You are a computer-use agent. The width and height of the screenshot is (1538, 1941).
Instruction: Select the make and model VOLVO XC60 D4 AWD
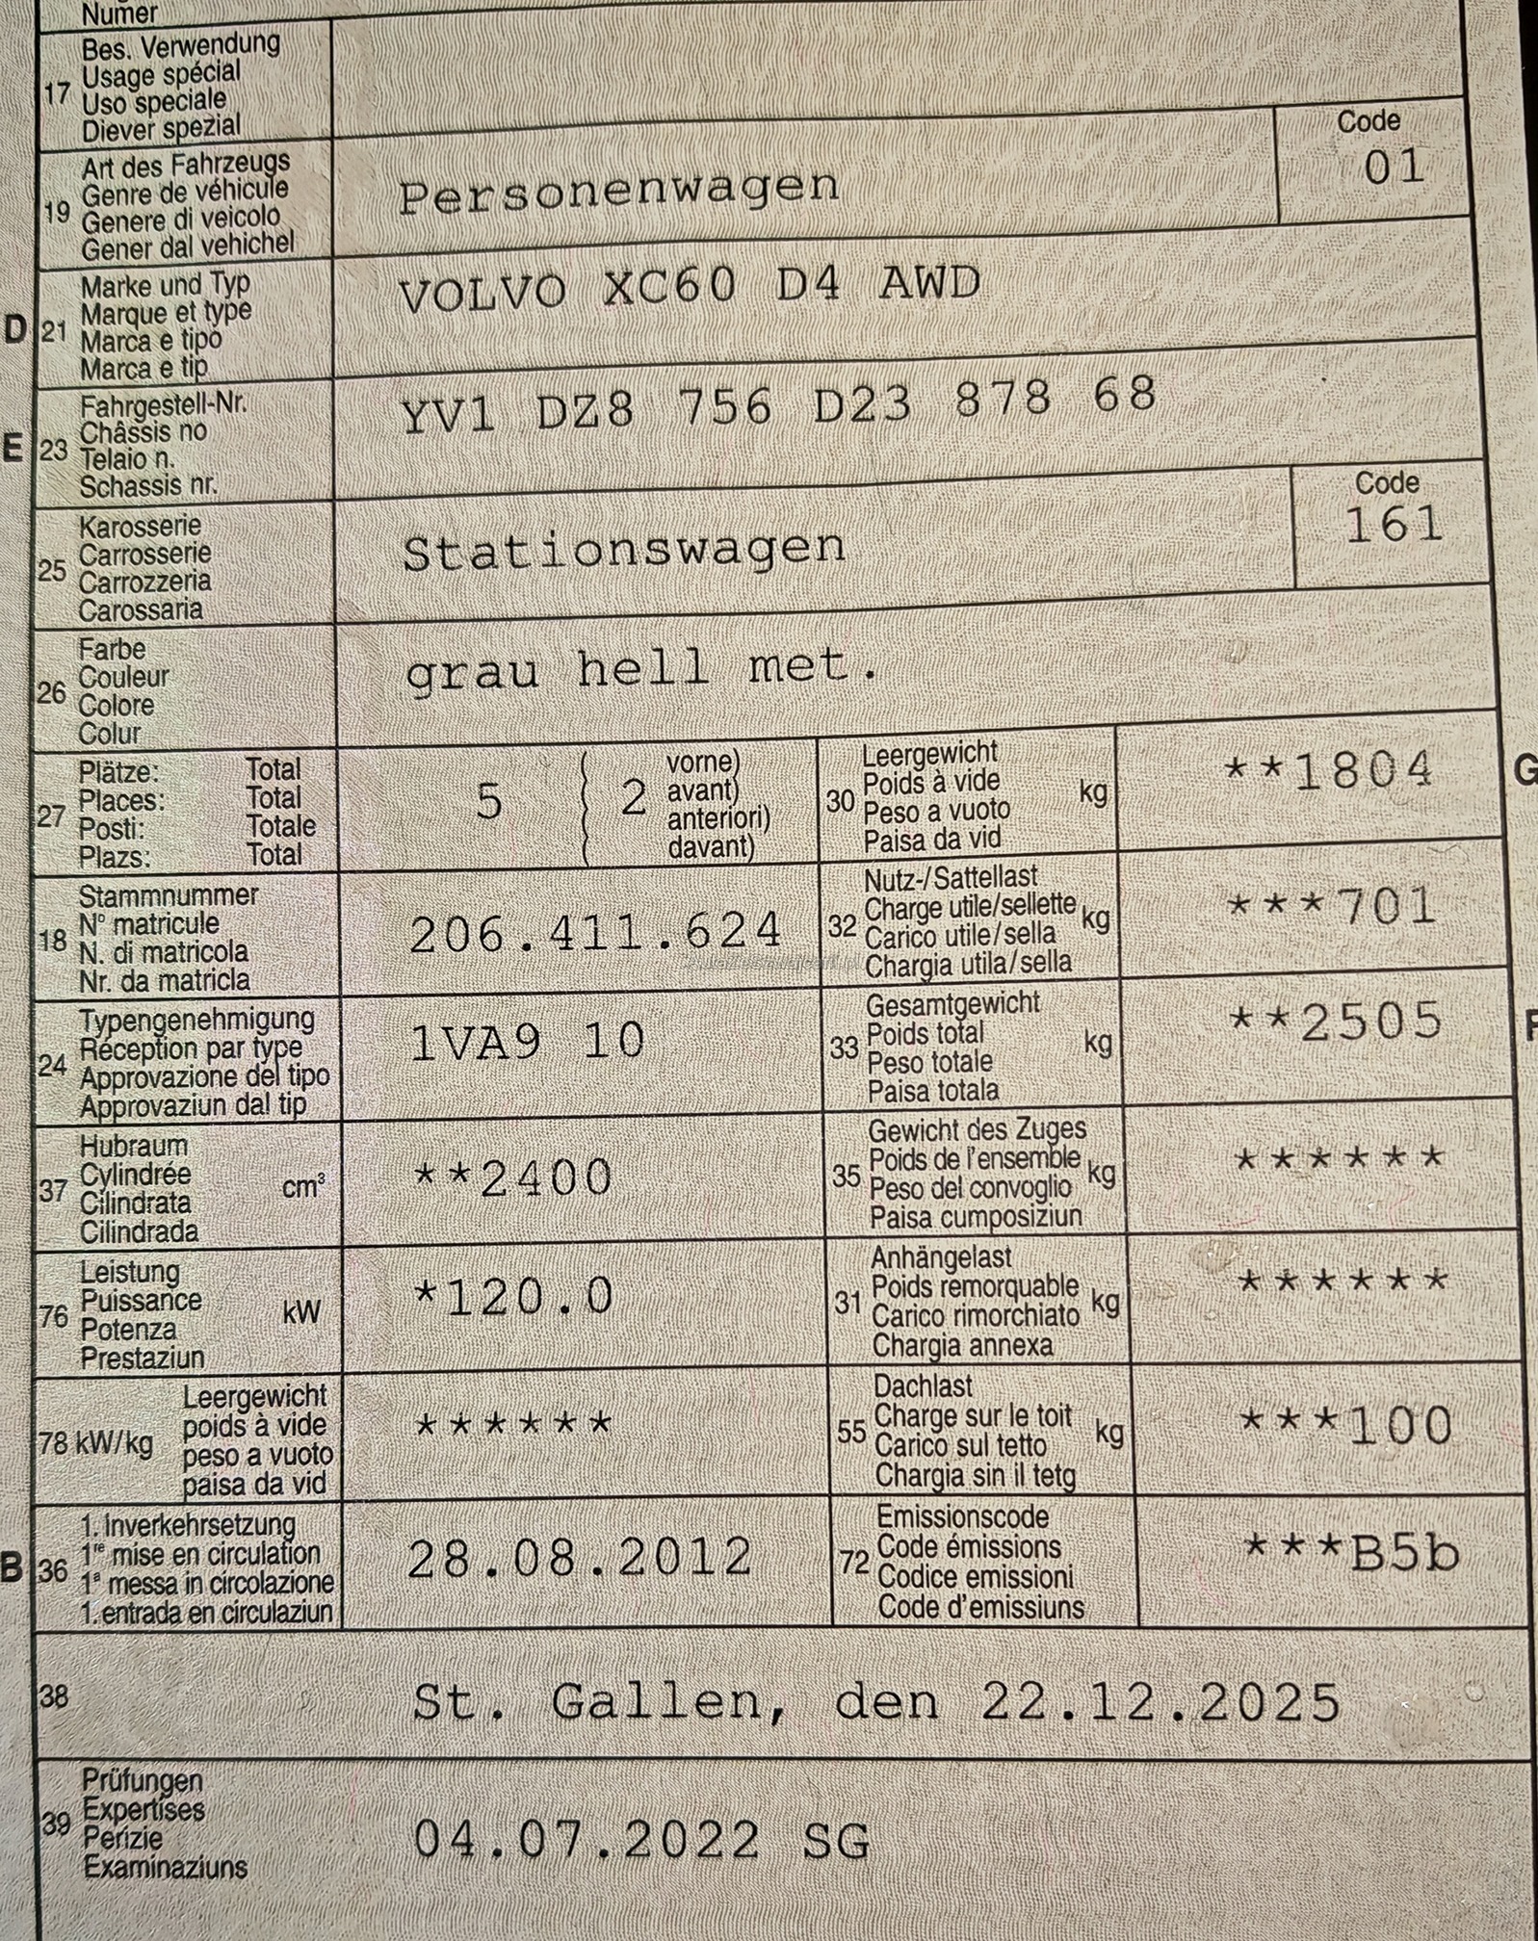[x=689, y=287]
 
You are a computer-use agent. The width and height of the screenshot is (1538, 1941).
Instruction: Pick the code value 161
[x=1394, y=526]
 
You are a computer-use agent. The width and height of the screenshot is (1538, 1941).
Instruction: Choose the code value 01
[x=1394, y=168]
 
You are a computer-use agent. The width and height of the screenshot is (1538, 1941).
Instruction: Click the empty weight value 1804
[x=1363, y=771]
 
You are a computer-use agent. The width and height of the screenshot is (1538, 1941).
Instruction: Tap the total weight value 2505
[x=1371, y=1022]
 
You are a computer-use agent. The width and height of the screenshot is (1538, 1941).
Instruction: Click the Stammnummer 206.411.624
[x=595, y=932]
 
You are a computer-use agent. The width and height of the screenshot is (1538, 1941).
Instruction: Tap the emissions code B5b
[x=1405, y=1552]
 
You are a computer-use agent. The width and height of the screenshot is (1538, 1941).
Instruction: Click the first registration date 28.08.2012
[x=580, y=1558]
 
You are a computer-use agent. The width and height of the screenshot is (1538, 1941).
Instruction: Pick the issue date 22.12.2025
[x=1160, y=1702]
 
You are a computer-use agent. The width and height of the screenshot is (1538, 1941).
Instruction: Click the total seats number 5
[x=489, y=802]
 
